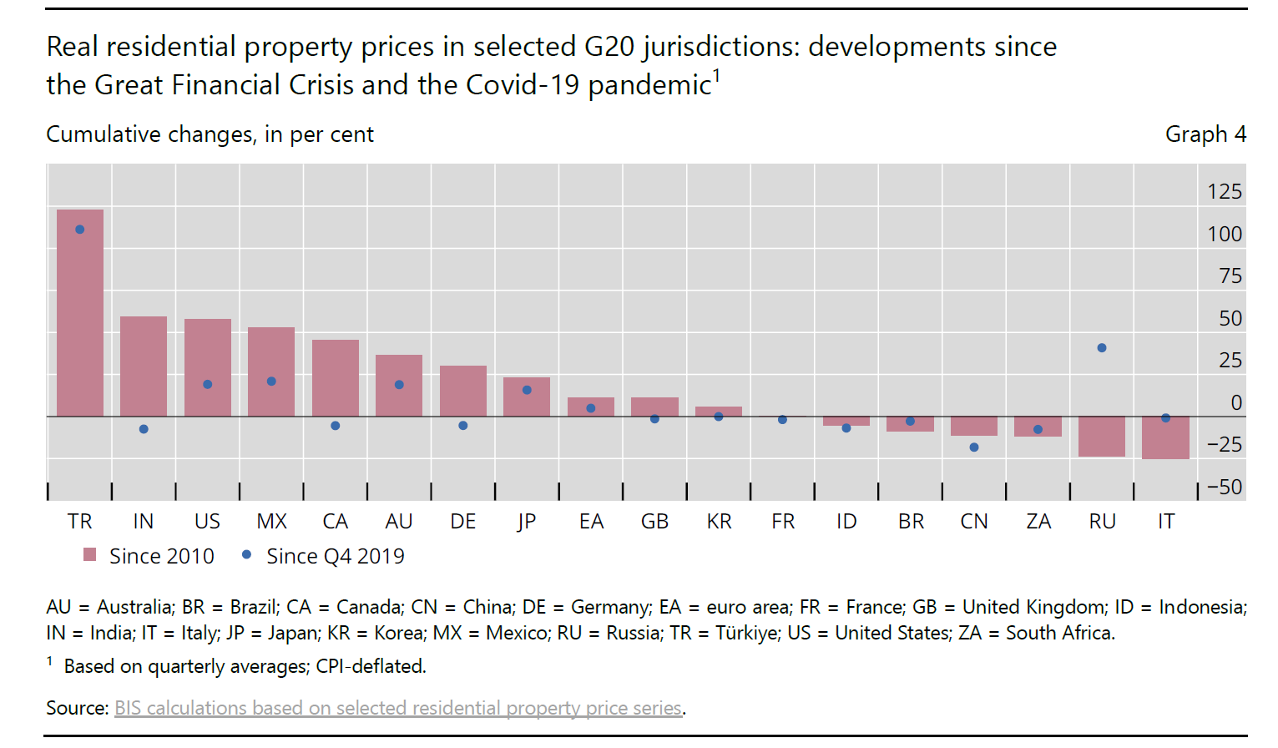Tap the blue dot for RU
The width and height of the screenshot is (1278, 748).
(1102, 348)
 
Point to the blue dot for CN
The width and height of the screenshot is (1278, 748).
(974, 447)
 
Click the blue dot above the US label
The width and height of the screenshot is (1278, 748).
(208, 384)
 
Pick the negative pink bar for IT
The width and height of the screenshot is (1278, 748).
(1165, 437)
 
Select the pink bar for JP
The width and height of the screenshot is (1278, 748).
(527, 397)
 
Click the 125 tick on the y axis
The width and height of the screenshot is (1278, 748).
(1225, 192)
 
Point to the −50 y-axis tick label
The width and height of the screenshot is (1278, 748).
(1225, 487)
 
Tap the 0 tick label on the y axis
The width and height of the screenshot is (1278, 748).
(1236, 403)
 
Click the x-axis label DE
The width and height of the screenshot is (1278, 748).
(463, 522)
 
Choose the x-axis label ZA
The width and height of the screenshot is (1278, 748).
(1038, 522)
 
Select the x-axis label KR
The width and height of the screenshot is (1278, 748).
(719, 522)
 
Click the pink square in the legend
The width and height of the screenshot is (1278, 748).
(90, 555)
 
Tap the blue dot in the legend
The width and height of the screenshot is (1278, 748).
(246, 554)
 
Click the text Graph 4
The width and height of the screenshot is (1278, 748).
(1205, 134)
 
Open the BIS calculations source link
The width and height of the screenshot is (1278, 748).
(398, 708)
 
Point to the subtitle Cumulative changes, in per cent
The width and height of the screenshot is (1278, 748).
(210, 134)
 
